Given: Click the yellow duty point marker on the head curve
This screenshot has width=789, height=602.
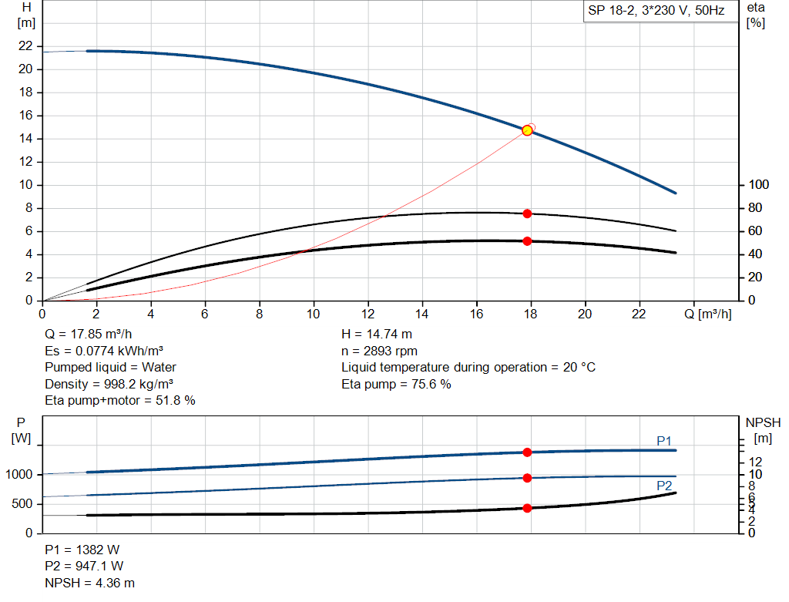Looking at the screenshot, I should [527, 130].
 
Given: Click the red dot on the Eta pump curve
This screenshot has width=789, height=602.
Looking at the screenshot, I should [527, 214].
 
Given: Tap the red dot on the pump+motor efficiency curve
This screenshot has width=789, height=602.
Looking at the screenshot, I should [527, 241].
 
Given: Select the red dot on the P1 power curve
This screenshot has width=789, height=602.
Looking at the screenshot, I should [527, 452].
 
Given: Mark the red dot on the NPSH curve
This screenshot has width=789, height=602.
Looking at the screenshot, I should [527, 508].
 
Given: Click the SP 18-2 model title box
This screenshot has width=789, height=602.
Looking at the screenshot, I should [656, 12].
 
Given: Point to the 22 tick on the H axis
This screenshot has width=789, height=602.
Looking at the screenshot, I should [26, 46].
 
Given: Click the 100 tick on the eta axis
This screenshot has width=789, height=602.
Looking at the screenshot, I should [759, 185].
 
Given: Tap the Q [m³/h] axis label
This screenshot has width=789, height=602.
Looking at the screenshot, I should [713, 314].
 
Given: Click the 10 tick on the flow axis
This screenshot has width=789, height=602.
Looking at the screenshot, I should [314, 314].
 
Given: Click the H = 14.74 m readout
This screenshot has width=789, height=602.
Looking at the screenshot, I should [377, 335].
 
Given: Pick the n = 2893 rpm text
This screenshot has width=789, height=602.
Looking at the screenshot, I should [381, 351].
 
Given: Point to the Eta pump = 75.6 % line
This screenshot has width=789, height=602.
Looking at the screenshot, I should [396, 384].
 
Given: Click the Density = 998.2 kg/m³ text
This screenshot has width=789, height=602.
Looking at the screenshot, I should [109, 384].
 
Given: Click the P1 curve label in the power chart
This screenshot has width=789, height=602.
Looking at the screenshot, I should [664, 440].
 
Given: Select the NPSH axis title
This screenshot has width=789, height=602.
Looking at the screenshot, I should [763, 422].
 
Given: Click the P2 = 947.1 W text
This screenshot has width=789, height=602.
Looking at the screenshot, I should [83, 567].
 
